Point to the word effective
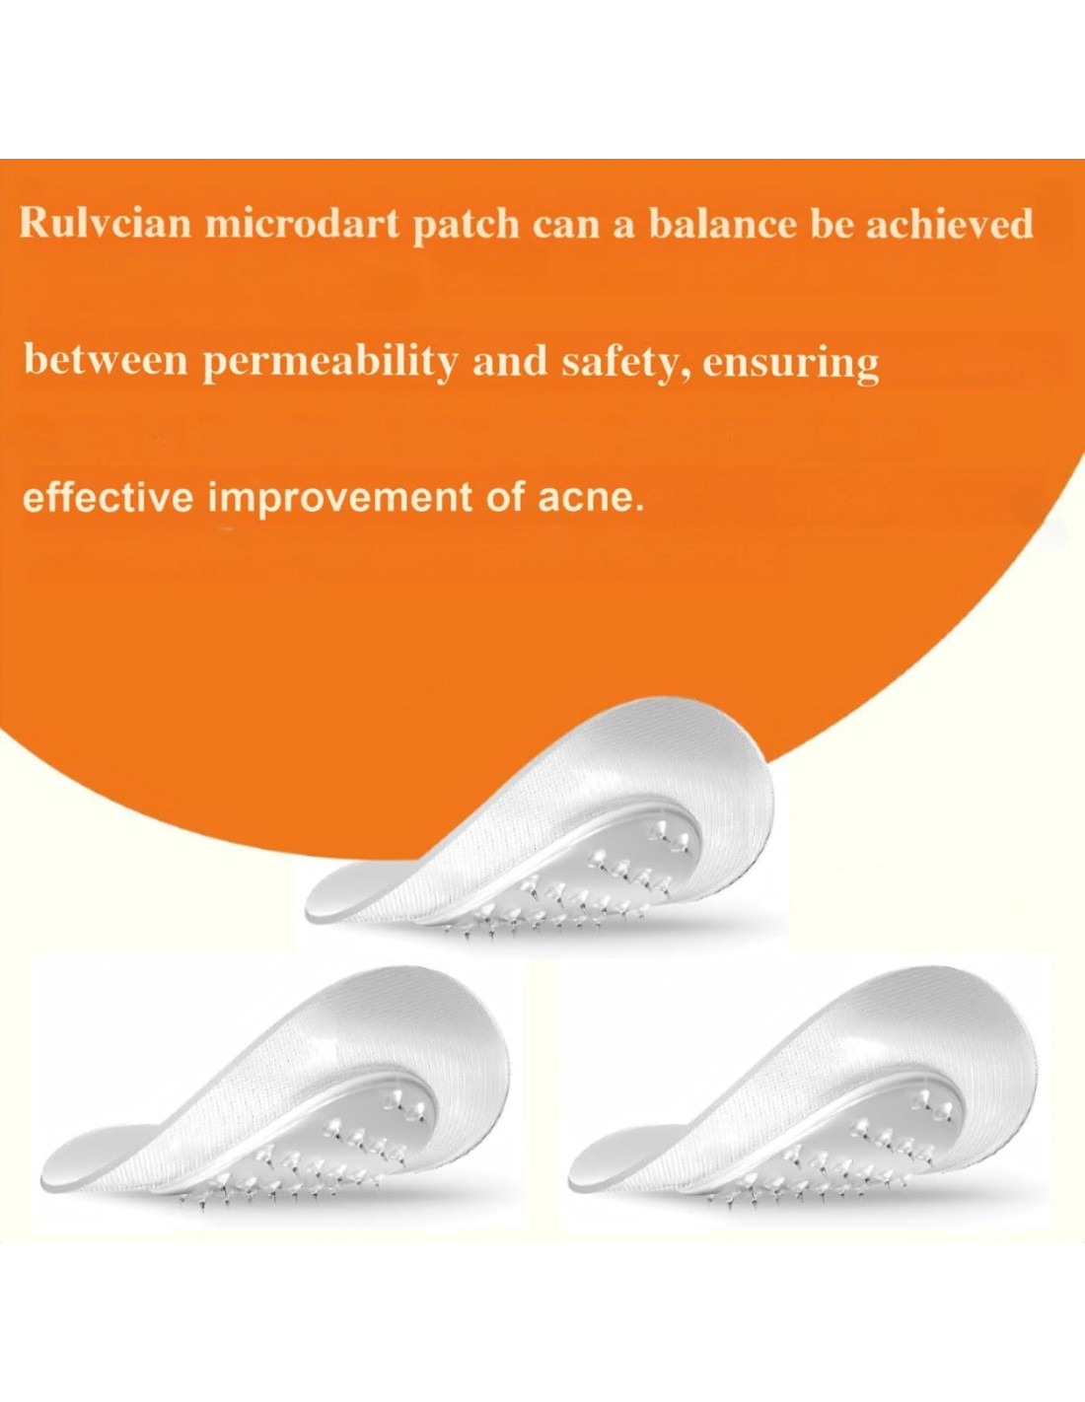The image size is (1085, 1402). coord(108,500)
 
